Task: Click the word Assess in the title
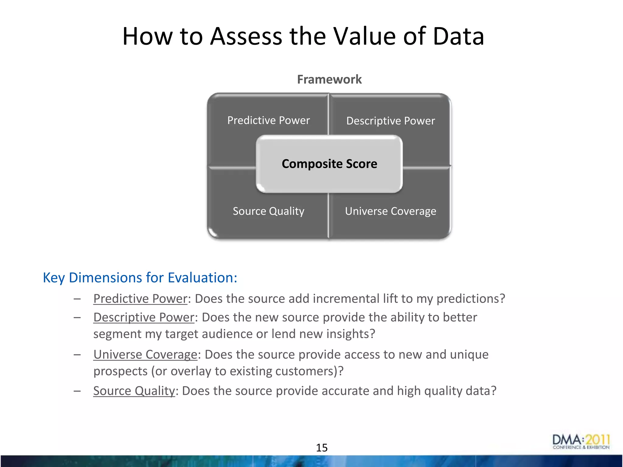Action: pos(246,36)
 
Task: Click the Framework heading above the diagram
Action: pos(329,79)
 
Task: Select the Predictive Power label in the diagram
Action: pos(268,120)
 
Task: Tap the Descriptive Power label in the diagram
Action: pos(390,121)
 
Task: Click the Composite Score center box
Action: pos(329,164)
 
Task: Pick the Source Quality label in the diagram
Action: pos(268,211)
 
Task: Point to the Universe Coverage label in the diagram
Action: pos(390,211)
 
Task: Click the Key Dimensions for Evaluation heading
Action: pos(140,278)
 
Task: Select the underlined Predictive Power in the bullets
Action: pos(140,299)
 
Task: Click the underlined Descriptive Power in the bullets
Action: pos(144,317)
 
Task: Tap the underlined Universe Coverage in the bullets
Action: pos(145,355)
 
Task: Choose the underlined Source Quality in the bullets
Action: pos(134,391)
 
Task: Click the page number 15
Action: pos(322,448)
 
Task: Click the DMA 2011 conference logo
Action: pos(581,442)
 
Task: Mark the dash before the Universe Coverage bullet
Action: pos(77,355)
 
